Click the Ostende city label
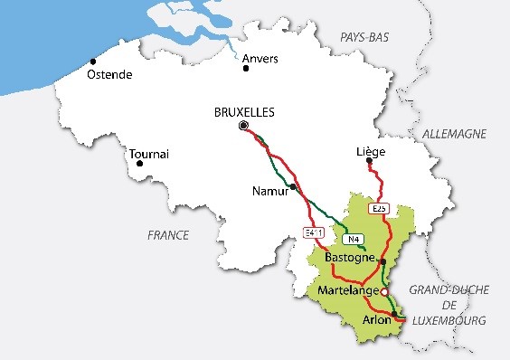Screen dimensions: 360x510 pos(109,74)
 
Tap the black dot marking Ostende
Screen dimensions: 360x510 pos(93,62)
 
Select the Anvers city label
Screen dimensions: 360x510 pos(260,59)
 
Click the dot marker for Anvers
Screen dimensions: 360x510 pos(244,67)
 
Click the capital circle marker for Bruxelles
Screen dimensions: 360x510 pos(242,128)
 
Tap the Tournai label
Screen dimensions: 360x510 pos(149,155)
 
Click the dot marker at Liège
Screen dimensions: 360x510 pos(368,161)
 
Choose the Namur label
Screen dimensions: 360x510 pos(269,191)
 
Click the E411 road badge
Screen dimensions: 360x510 pos(314,233)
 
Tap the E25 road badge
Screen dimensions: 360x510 pos(379,209)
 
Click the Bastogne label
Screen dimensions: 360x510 pos(350,259)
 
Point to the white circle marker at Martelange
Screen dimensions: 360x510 pos(383,292)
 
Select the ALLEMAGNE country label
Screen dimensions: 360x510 pos(454,134)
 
